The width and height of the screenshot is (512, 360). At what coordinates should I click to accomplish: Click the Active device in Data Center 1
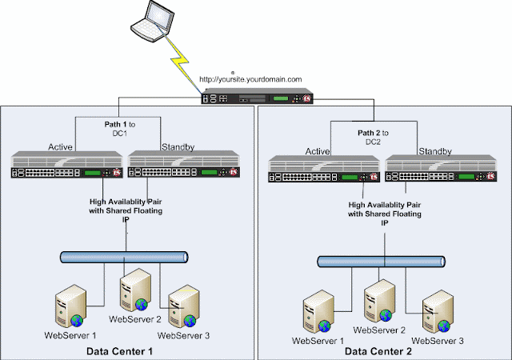click(69, 166)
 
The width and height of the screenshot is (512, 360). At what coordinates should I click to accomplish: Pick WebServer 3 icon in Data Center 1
click(183, 306)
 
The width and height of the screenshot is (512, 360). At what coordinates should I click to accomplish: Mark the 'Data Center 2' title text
click(377, 352)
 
